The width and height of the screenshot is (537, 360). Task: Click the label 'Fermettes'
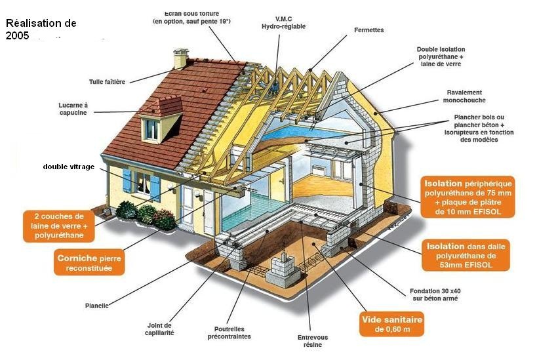tap(368, 30)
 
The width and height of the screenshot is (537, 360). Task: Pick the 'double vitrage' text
tap(69, 167)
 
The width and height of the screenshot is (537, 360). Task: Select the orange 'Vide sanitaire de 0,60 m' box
tap(391, 324)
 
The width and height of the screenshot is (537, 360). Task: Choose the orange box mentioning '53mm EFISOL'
tap(467, 255)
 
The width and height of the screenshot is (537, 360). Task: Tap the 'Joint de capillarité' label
tap(160, 329)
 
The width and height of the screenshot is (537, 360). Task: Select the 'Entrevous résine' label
tap(313, 341)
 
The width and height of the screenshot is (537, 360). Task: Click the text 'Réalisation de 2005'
tap(41, 29)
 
